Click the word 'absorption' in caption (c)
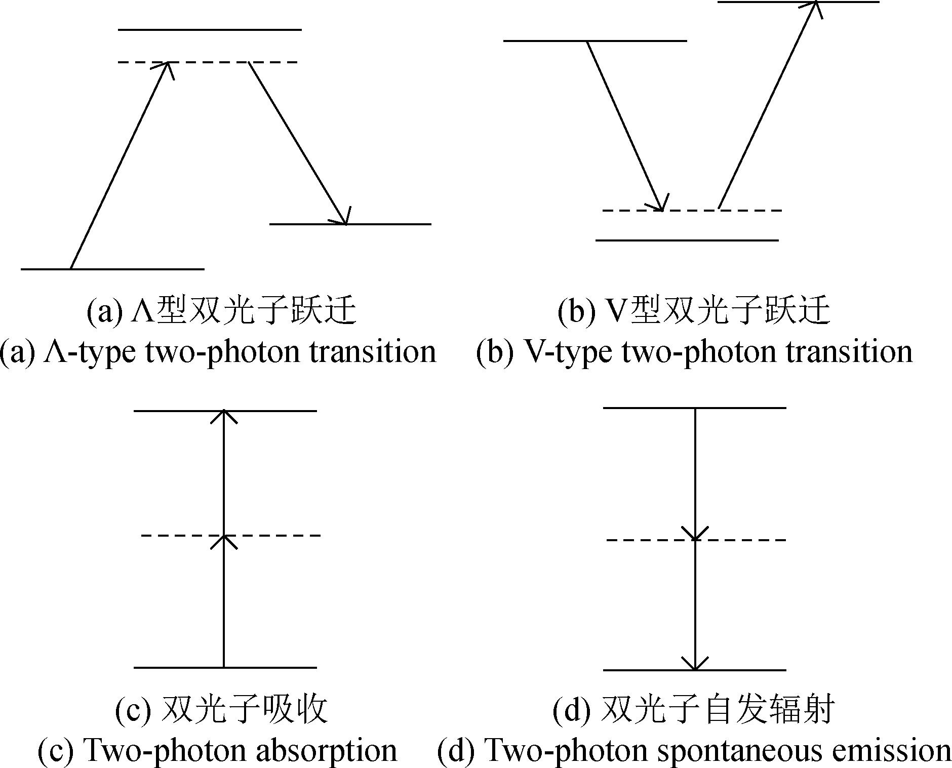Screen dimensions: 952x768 click(x=326, y=750)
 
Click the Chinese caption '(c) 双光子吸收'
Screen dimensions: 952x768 click(x=221, y=709)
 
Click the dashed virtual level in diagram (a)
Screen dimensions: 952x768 click(x=208, y=62)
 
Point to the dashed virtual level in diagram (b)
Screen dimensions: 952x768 click(x=692, y=210)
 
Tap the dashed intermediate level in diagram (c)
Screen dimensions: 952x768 click(x=231, y=535)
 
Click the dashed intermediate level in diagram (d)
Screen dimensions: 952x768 click(x=696, y=540)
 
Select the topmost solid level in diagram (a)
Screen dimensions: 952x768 click(x=210, y=29)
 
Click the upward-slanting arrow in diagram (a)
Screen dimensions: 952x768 click(x=120, y=165)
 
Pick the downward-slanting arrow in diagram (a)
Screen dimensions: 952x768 click(x=297, y=143)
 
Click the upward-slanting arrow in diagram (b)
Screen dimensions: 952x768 click(x=768, y=105)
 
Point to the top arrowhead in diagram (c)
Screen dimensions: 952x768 click(x=223, y=416)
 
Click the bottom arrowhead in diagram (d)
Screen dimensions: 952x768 click(x=695, y=663)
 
